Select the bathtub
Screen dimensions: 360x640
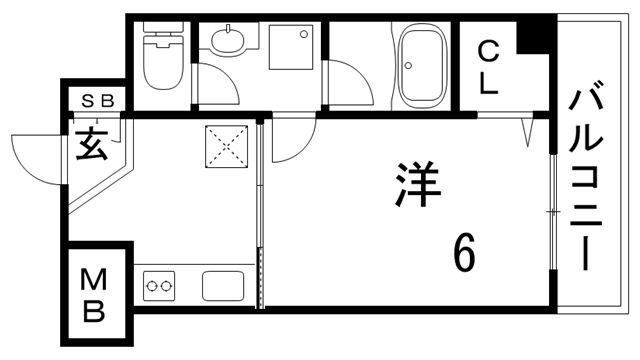pyautogui.click(x=422, y=67)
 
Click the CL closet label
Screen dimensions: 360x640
pyautogui.click(x=487, y=67)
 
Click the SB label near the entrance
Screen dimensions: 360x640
pyautogui.click(x=97, y=100)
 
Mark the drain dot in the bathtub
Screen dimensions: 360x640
pyautogui.click(x=408, y=67)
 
